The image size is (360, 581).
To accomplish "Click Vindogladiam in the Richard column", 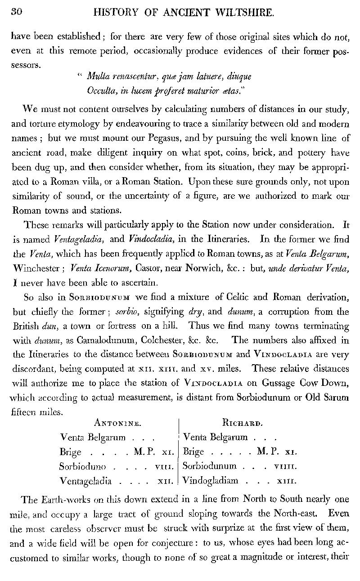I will point(211,480).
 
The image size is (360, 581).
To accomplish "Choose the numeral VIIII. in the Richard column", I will point(286,466).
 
